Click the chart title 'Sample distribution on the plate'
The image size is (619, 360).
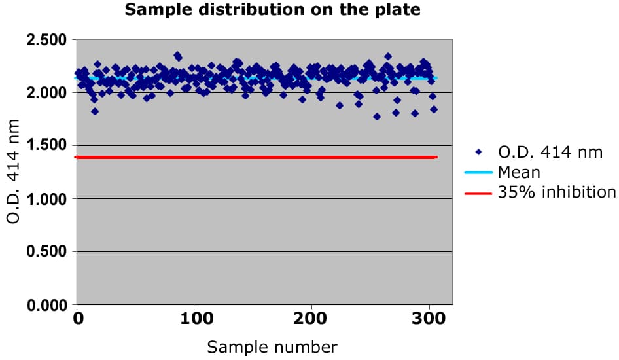[x=272, y=10]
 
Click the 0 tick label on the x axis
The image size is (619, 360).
[x=78, y=319]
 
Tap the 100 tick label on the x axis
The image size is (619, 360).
[x=197, y=319]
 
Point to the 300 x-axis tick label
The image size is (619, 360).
[x=429, y=319]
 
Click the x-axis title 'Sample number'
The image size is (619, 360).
[x=272, y=347]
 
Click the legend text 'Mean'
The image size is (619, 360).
[x=519, y=173]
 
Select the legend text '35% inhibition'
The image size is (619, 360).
[x=556, y=192]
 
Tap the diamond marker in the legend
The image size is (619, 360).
[x=479, y=153]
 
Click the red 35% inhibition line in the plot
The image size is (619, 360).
[x=262, y=157]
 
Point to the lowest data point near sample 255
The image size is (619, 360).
[x=377, y=117]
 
